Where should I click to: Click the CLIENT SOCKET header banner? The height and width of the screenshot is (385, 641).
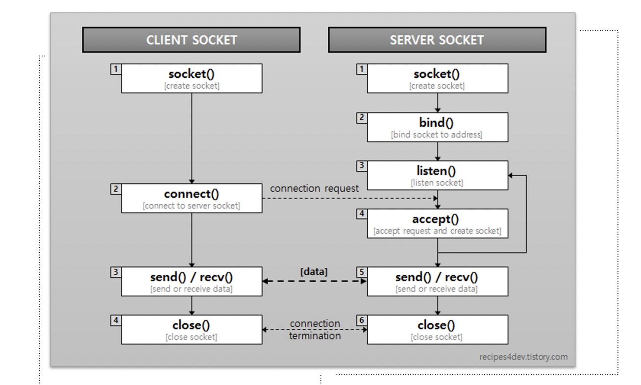point(191,40)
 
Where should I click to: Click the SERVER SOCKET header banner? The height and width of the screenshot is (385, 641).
point(437,40)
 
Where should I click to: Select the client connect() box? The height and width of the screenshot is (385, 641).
point(191,198)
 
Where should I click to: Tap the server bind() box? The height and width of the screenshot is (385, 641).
point(437,127)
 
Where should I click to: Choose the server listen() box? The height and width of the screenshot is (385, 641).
point(437,175)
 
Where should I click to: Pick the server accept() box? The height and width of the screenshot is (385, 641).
point(437,223)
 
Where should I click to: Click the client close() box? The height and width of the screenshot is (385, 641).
point(191,329)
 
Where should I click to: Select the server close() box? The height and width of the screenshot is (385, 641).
point(437,329)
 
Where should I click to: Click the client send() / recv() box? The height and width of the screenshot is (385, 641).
point(191,281)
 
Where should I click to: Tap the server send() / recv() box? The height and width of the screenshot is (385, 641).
point(437,281)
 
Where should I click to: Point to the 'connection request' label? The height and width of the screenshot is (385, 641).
point(314,189)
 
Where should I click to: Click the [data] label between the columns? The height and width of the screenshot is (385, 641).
point(314,271)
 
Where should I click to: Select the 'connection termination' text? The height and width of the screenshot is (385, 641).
point(315,330)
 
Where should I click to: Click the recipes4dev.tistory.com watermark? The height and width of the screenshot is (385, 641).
point(523,357)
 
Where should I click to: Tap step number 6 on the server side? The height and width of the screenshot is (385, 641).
point(362,320)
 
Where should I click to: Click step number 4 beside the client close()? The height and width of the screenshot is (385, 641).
point(116,320)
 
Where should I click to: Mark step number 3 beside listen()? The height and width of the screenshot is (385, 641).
point(362,166)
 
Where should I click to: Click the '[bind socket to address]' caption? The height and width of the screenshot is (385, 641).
point(437,135)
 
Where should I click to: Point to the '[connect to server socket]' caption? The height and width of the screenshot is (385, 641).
point(191,206)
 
